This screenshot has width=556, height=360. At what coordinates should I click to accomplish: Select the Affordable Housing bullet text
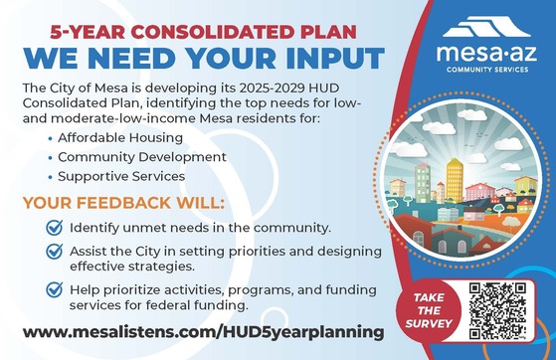point(115,139)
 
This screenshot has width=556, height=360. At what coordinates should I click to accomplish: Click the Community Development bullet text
point(134,157)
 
